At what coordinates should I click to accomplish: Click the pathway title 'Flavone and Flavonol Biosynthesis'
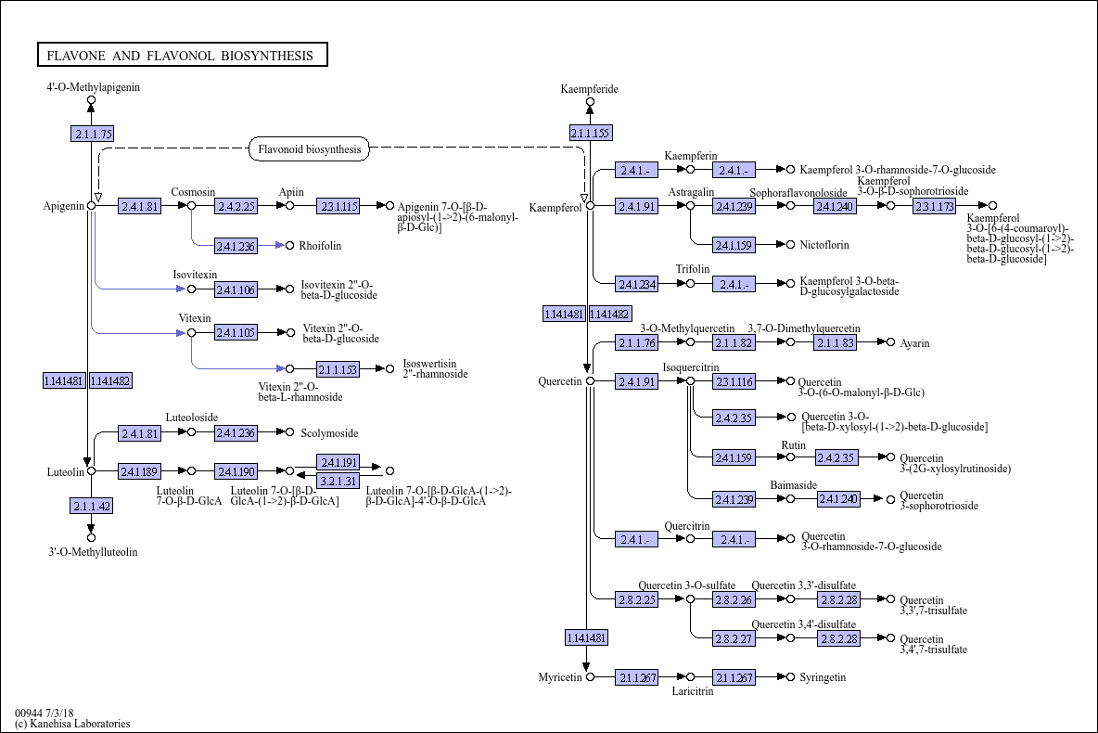tap(182, 56)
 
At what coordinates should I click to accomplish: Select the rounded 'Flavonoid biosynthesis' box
tap(309, 149)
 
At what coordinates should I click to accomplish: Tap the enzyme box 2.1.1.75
tap(92, 134)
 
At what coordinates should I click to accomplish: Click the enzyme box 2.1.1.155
tap(591, 133)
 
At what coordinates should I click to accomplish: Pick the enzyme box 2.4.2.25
tap(236, 206)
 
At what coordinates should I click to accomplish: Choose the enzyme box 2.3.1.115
tap(338, 206)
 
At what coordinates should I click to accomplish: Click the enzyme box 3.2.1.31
tap(338, 481)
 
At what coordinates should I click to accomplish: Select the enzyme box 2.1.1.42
tap(92, 506)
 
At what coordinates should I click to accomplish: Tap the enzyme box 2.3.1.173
tap(934, 206)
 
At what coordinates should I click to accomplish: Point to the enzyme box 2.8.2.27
tap(734, 639)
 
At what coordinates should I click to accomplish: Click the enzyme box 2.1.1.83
tap(835, 342)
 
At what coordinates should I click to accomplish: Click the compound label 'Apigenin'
tap(64, 206)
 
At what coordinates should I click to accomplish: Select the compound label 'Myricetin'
tap(560, 677)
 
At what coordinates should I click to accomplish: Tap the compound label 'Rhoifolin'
tap(320, 245)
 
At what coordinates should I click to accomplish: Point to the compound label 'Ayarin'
tap(914, 343)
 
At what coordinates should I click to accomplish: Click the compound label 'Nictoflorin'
tap(824, 245)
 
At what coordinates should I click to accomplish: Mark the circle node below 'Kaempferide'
tap(591, 102)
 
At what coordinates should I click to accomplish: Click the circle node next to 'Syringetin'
tap(791, 677)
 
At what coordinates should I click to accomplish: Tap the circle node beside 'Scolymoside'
tap(290, 432)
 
